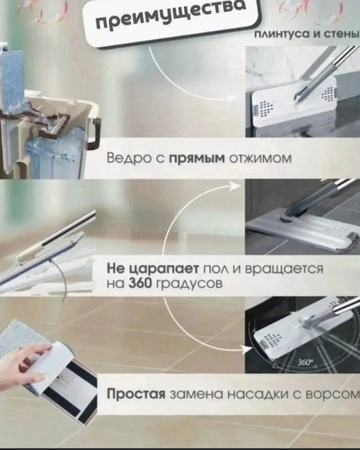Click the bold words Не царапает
[x=145, y=269]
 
